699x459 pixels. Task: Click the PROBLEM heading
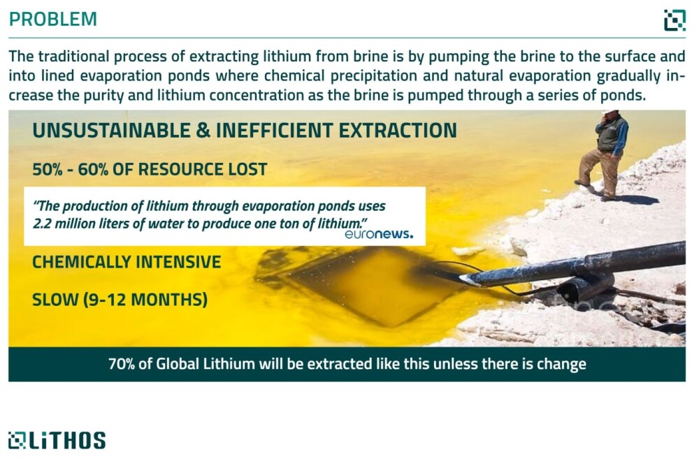(52, 19)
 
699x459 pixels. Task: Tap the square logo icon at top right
(675, 20)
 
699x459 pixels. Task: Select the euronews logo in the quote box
(378, 234)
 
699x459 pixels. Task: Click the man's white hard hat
(610, 112)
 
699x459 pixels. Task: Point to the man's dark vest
(610, 133)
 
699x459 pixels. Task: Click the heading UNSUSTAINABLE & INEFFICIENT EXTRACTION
(245, 131)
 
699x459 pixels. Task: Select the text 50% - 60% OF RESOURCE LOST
(150, 169)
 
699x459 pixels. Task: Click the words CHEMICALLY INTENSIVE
(127, 262)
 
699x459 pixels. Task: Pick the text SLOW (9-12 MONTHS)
(120, 300)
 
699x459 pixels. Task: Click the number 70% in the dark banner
(121, 364)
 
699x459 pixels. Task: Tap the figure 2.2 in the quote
(42, 224)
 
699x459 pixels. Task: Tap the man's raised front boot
(582, 183)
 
